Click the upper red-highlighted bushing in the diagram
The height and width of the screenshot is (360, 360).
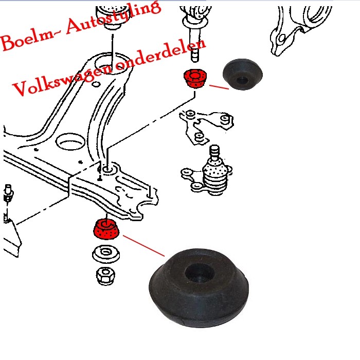pyautogui.click(x=194, y=79)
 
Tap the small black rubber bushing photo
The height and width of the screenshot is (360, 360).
pyautogui.click(x=242, y=75)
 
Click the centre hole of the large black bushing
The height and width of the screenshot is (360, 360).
pyautogui.click(x=200, y=271)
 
